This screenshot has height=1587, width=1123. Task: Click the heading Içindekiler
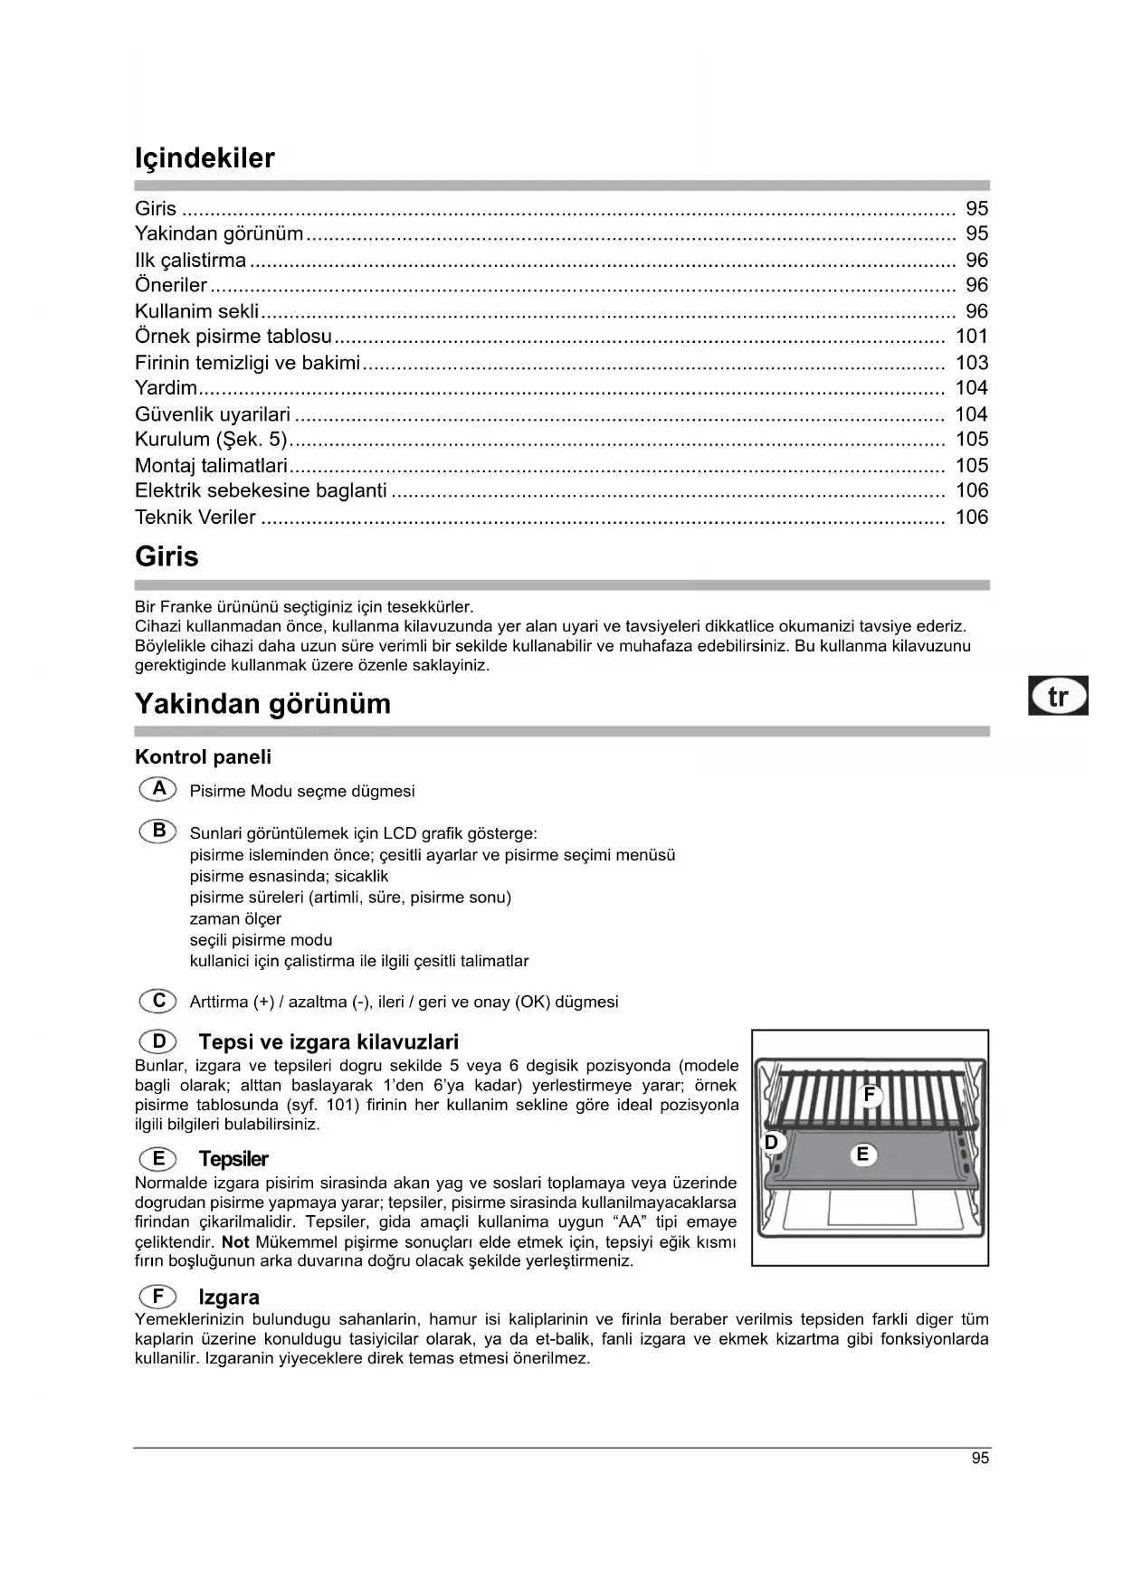click(x=205, y=158)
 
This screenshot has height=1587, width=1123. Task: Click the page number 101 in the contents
click(x=971, y=337)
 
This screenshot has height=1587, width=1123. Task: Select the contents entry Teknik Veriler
click(x=195, y=518)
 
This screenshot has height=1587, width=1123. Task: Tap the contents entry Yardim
click(x=166, y=388)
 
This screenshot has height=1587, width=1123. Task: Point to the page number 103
click(x=971, y=363)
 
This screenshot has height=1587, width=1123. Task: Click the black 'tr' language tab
click(x=1057, y=697)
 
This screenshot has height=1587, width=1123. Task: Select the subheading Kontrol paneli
click(x=203, y=757)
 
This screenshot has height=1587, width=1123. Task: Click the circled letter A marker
click(x=158, y=789)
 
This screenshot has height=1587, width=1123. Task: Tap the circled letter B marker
click(x=158, y=831)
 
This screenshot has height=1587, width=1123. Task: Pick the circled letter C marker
click(x=158, y=1001)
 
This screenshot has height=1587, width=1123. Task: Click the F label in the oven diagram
click(x=870, y=1096)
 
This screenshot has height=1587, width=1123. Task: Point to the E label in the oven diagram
click(x=862, y=1155)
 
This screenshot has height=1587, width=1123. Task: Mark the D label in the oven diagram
click(x=771, y=1143)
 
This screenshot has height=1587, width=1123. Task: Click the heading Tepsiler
click(x=233, y=1159)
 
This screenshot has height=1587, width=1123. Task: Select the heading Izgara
click(x=229, y=1297)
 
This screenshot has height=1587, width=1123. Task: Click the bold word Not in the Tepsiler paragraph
click(x=235, y=1242)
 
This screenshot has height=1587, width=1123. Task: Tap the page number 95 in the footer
click(x=980, y=1459)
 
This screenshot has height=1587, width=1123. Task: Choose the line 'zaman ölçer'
click(x=235, y=919)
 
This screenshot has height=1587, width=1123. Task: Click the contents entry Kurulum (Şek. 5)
click(x=210, y=440)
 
